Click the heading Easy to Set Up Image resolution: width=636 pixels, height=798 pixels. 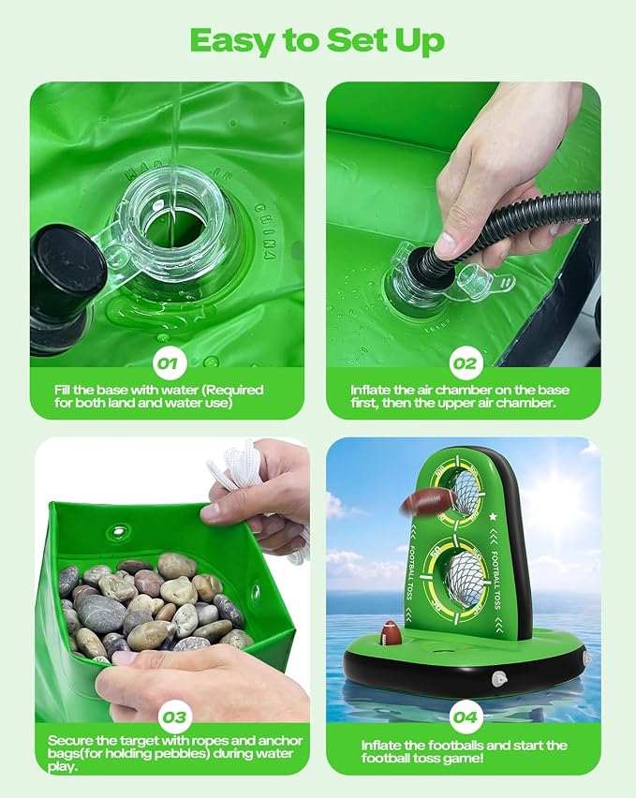point(317,40)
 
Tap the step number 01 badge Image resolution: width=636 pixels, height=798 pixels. point(168,362)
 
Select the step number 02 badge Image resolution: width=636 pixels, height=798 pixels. point(464,362)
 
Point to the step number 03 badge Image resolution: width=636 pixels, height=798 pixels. point(174,717)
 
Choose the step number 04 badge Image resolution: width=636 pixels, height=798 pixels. point(465,717)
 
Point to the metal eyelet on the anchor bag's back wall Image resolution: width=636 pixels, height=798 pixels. point(119,532)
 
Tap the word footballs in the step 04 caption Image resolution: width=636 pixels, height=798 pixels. point(468,746)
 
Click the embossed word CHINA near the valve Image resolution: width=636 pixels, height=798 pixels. point(264,231)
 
